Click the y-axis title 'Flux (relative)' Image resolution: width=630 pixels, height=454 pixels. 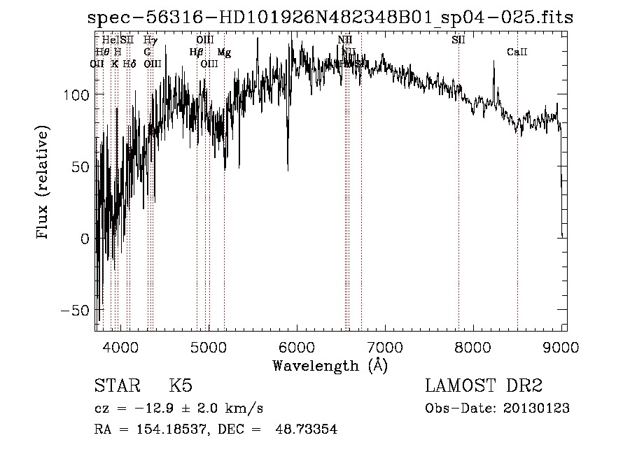43,184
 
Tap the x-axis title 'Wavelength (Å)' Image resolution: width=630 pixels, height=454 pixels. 330,365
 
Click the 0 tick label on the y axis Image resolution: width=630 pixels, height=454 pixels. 85,238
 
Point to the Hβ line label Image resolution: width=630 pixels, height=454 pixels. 196,52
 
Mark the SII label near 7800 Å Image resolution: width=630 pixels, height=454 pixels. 458,41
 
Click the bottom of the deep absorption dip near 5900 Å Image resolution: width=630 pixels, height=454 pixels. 288,169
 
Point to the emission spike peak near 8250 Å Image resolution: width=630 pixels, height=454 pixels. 493,62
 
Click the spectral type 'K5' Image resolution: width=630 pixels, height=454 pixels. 181,386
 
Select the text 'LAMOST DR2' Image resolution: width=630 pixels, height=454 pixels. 484,386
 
